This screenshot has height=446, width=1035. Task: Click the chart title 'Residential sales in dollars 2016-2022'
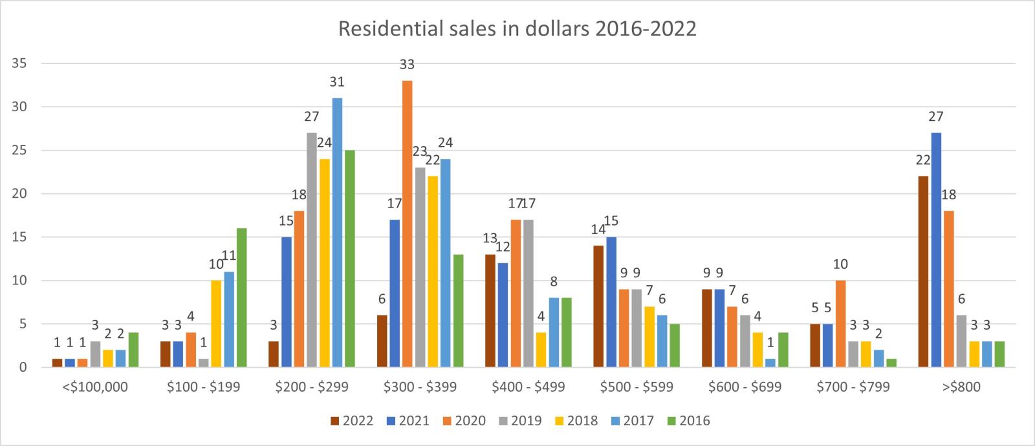(517, 29)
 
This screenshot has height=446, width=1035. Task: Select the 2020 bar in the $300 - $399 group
(407, 224)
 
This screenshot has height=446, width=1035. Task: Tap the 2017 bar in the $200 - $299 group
(337, 233)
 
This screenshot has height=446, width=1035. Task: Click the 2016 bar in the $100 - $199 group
(241, 297)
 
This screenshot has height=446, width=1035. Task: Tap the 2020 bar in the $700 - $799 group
(840, 324)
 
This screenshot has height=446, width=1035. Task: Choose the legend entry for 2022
(351, 421)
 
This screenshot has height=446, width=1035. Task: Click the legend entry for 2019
(519, 421)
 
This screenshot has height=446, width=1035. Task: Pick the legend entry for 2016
(688, 421)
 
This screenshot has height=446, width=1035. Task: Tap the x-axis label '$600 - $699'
(745, 387)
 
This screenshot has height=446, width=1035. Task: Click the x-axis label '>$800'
(961, 387)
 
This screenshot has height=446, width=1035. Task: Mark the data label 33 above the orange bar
(407, 65)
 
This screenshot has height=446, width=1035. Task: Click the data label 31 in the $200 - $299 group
(337, 82)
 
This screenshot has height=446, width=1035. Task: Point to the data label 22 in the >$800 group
(923, 160)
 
